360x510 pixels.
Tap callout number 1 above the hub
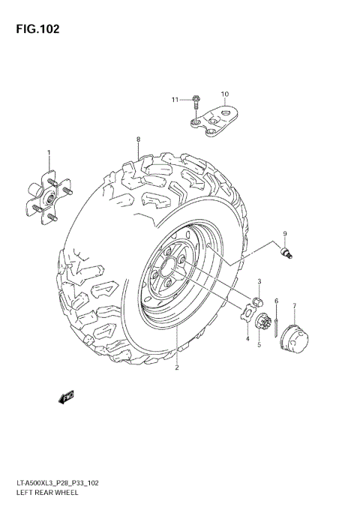(49, 153)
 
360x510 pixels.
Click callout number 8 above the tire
(139, 140)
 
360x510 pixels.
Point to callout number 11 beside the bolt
(174, 100)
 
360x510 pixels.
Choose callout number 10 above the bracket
(223, 94)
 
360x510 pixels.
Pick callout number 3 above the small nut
(259, 281)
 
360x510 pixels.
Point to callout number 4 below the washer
(247, 339)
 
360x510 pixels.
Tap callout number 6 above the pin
(276, 301)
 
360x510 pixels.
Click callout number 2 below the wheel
(177, 367)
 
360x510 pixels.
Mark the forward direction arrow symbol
(67, 395)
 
